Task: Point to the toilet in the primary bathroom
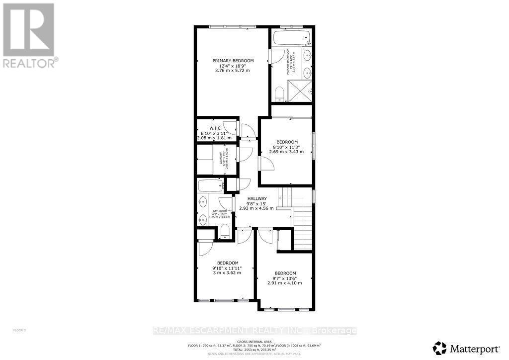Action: coord(279,93)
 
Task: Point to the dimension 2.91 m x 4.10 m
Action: coord(285,283)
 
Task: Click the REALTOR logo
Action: coord(29,35)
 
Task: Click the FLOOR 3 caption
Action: coord(18,330)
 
